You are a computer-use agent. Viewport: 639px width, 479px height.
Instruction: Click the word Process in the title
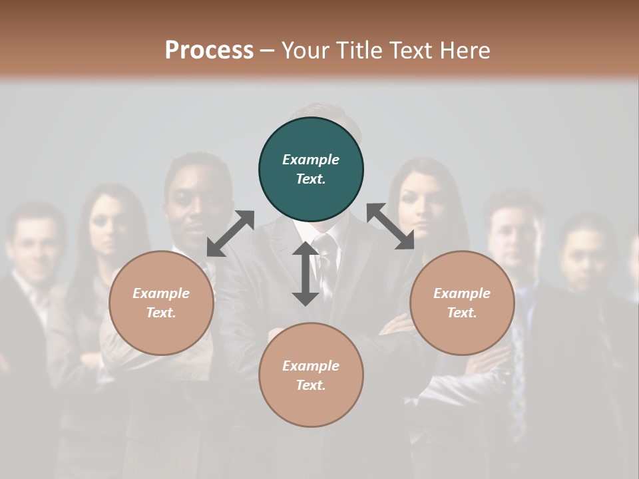[209, 50]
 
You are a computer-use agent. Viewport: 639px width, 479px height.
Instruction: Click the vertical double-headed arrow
[305, 273]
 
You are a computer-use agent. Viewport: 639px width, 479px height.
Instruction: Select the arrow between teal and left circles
[230, 234]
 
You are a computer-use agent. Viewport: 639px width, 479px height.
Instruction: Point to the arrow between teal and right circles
[391, 227]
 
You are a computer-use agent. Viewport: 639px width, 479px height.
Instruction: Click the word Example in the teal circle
[311, 160]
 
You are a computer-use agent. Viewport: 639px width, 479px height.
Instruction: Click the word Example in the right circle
[462, 293]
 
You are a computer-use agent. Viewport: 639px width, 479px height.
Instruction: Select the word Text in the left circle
[160, 313]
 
